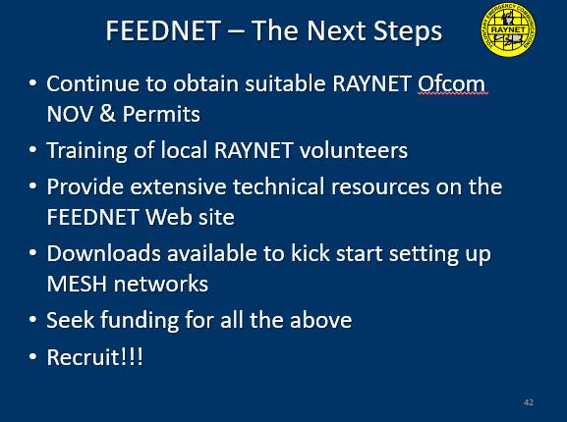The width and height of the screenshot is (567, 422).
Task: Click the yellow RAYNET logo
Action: (508, 29)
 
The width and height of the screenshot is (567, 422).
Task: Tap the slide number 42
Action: (529, 402)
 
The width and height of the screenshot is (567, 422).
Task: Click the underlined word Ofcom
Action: (451, 83)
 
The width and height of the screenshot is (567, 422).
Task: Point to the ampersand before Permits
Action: (108, 114)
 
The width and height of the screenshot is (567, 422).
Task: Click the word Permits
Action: (161, 114)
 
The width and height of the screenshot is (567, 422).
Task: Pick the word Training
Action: (86, 150)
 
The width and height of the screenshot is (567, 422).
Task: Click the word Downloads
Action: (104, 253)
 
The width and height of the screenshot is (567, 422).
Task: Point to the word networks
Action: (161, 284)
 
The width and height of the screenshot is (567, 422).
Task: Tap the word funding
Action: (140, 320)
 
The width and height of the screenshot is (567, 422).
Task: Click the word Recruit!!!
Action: (94, 357)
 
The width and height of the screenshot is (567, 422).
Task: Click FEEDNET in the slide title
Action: (163, 30)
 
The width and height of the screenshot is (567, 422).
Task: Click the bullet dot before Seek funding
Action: (32, 320)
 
